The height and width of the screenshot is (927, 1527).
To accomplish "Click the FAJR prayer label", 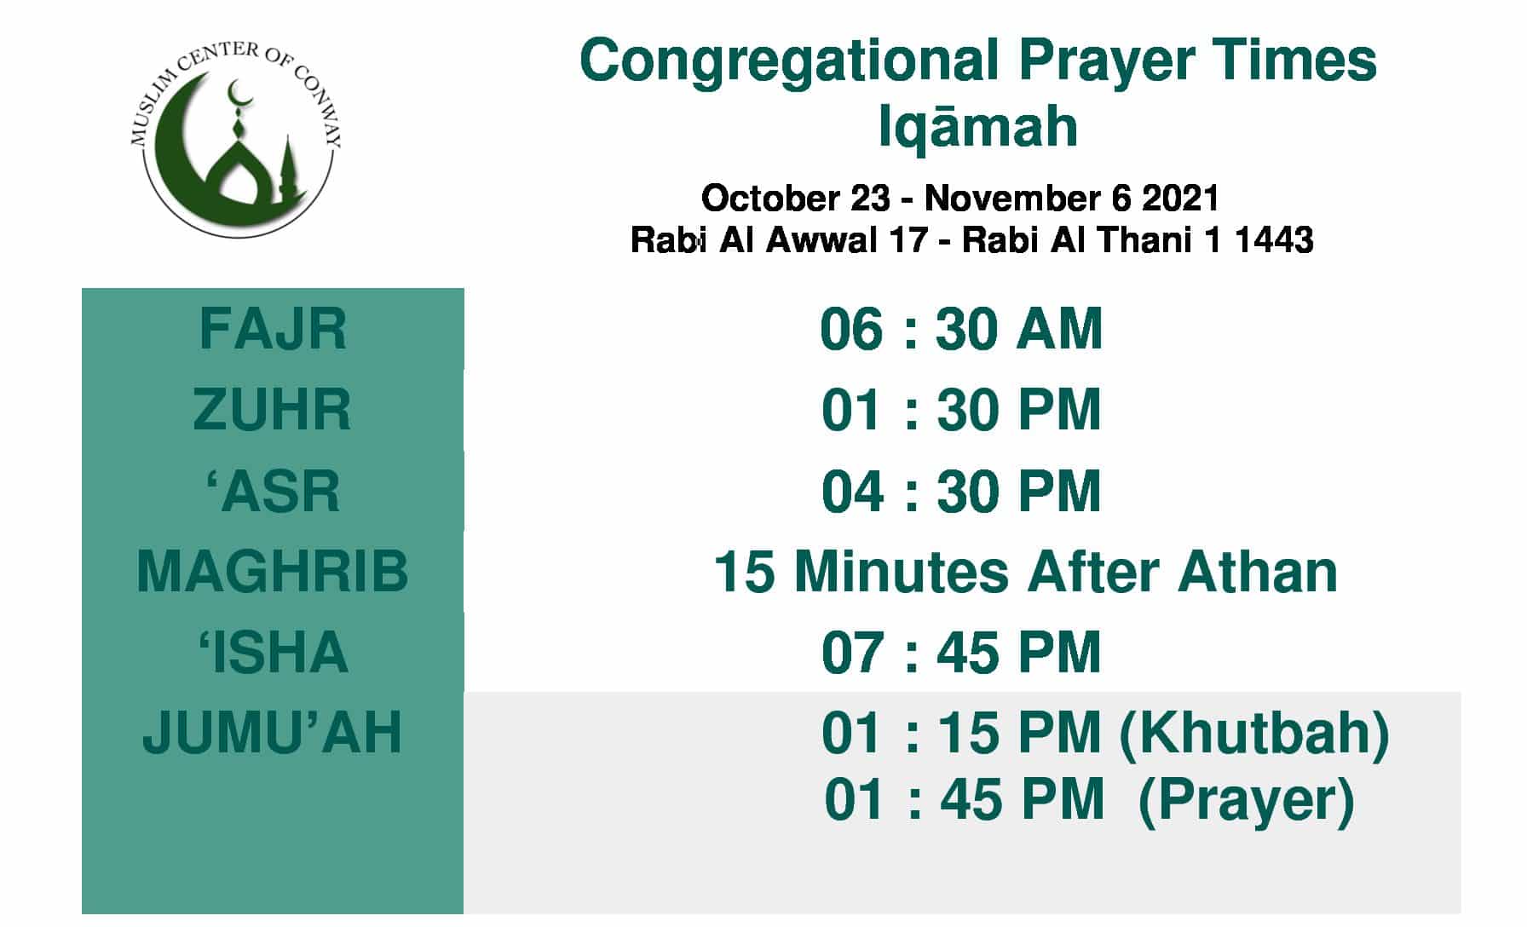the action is point(273,329).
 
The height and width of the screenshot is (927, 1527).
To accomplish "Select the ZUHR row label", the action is point(272,410).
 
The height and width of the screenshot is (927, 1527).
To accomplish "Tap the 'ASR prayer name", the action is point(273,491).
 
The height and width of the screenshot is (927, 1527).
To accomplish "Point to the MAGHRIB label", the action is point(273,571).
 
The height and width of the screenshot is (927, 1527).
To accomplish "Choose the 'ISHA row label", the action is point(273,652).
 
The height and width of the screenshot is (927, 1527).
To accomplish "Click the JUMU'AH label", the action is point(272,732).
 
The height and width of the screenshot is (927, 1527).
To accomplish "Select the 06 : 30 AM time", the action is point(961,329).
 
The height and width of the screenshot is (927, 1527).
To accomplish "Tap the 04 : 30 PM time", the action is point(961,491).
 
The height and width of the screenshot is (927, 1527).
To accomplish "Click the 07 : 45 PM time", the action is point(961,652).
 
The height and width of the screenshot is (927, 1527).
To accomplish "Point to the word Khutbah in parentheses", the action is point(1253,734).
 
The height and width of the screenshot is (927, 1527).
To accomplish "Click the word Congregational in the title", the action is point(789,61).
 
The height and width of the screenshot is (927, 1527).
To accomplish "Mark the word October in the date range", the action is point(769,199).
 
